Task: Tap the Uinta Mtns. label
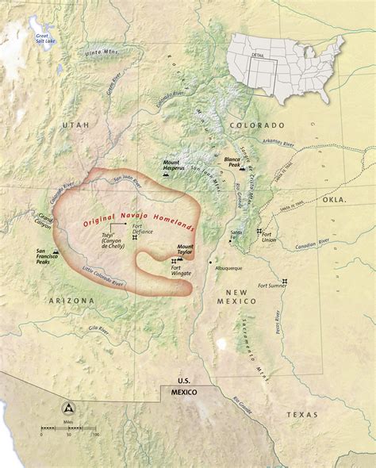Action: tap(98, 53)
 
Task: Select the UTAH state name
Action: tap(80, 125)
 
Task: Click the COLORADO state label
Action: tap(256, 125)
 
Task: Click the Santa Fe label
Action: tap(236, 232)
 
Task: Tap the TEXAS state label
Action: tap(301, 415)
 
